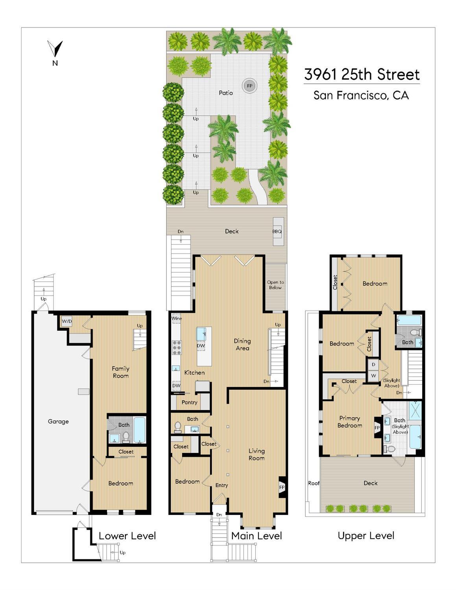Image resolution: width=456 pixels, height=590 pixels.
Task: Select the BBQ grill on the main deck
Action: click(x=278, y=231)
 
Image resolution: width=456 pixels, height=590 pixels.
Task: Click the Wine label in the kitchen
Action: click(x=176, y=318)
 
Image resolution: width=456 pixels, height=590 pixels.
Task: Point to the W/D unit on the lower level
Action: click(x=66, y=322)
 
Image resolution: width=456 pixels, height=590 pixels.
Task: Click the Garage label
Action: click(x=58, y=422)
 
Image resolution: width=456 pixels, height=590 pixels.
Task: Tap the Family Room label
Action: click(x=120, y=372)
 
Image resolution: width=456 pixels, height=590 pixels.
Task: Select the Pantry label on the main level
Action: click(x=189, y=402)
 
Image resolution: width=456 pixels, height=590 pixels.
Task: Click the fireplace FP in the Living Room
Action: click(x=282, y=487)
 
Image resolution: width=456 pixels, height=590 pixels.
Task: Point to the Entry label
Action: click(x=222, y=485)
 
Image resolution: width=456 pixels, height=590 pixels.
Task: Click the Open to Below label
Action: click(x=275, y=285)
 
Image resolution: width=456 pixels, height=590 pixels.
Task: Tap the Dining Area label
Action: click(x=242, y=344)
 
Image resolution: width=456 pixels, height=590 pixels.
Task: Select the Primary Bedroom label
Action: click(x=350, y=422)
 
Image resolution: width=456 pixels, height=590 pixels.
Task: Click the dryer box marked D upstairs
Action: click(x=373, y=364)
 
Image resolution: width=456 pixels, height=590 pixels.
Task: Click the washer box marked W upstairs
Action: click(x=373, y=376)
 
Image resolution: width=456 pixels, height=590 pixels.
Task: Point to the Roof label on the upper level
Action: click(x=314, y=483)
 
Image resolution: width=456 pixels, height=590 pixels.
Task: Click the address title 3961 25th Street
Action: click(x=362, y=74)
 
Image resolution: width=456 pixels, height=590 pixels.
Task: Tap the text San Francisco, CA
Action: click(x=361, y=95)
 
